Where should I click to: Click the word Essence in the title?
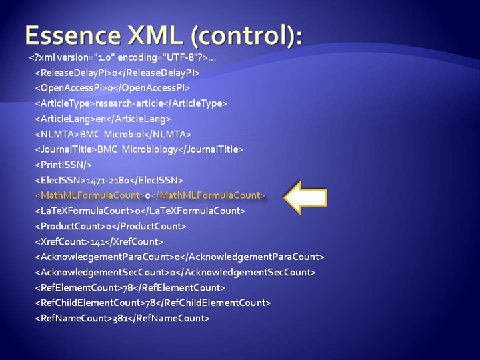click(x=73, y=35)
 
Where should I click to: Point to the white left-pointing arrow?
click(x=305, y=197)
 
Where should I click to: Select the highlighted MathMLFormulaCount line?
click(x=150, y=195)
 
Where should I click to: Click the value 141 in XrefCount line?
click(x=97, y=242)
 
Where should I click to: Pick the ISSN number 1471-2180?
click(x=108, y=180)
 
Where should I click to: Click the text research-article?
click(x=129, y=103)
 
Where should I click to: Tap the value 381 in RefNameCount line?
click(x=120, y=319)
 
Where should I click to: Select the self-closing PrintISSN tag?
click(x=63, y=165)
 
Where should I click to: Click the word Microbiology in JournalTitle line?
click(x=150, y=150)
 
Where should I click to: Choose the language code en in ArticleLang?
click(x=101, y=119)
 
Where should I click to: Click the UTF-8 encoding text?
click(x=182, y=57)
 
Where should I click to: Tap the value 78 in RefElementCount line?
click(x=127, y=288)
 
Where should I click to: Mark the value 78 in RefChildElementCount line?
click(x=150, y=303)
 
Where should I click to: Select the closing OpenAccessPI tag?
click(x=152, y=88)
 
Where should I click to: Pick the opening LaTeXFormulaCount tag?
click(x=85, y=211)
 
